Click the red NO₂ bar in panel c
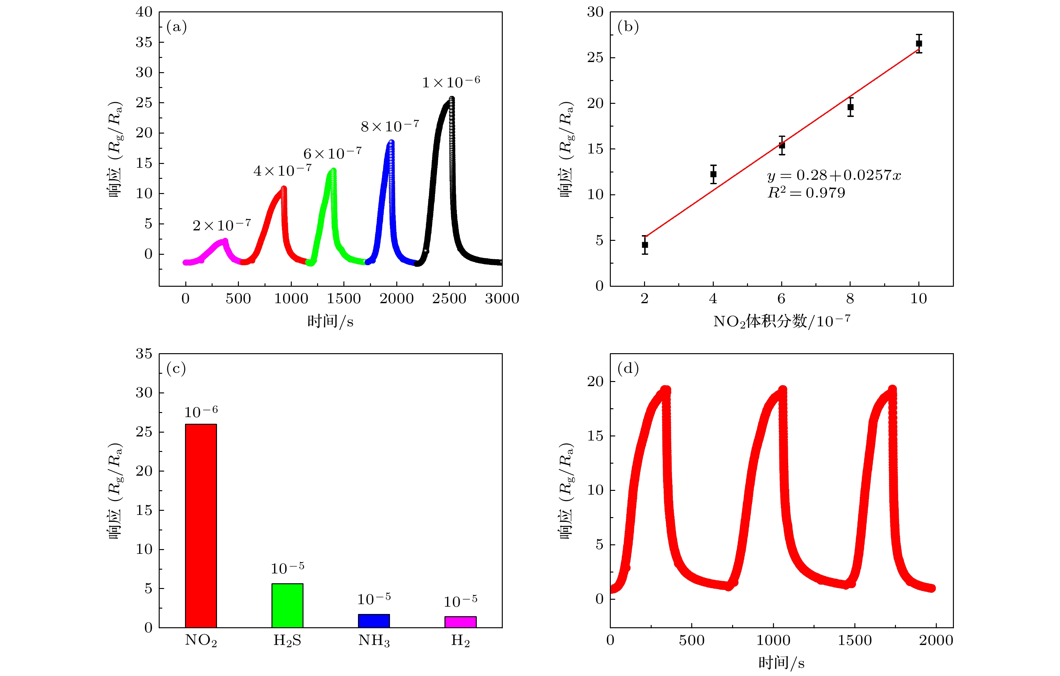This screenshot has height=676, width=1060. [x=201, y=526]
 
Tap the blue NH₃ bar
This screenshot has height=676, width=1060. [x=374, y=621]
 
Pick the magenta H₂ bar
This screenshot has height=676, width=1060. [x=460, y=622]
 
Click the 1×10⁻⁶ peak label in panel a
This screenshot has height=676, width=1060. [x=451, y=82]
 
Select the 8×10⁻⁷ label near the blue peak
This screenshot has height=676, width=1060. [x=390, y=126]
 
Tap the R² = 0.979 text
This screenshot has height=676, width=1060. [x=806, y=193]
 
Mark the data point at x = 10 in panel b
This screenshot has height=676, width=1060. [x=919, y=44]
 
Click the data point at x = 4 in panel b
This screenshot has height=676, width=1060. [x=713, y=174]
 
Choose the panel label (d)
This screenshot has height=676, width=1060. [x=628, y=368]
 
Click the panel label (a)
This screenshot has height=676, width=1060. [x=176, y=27]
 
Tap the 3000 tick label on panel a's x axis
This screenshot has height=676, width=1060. [x=502, y=299]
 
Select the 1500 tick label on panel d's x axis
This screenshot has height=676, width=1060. [x=854, y=640]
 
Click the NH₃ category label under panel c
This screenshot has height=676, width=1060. [x=374, y=640]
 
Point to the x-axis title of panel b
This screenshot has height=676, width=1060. [x=781, y=322]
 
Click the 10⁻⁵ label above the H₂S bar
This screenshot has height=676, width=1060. [x=287, y=568]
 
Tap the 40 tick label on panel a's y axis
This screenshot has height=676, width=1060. [x=144, y=12]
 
